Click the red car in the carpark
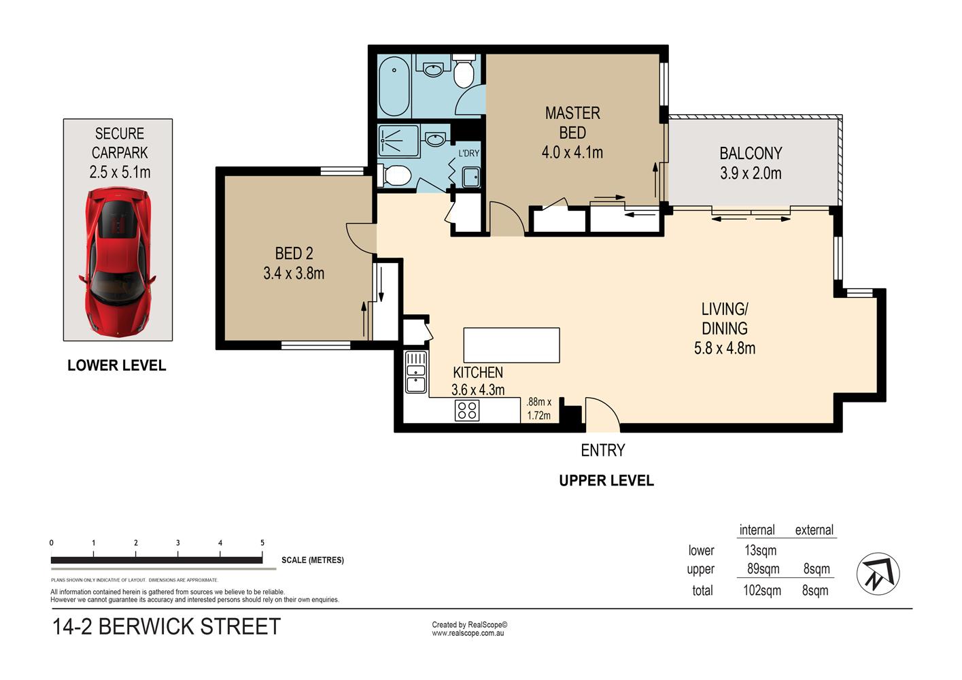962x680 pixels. click(117, 262)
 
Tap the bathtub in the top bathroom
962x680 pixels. click(394, 86)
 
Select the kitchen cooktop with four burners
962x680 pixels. click(467, 410)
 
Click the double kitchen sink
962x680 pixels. click(416, 372)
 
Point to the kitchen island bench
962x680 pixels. click(511, 345)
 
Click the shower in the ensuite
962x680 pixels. click(398, 141)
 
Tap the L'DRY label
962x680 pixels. click(468, 154)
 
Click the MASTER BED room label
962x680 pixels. click(572, 123)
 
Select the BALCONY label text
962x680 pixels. click(751, 154)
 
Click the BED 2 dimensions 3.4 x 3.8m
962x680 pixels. click(294, 273)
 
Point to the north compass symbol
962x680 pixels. click(878, 573)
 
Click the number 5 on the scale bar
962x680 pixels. click(262, 543)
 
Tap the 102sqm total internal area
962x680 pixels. click(762, 591)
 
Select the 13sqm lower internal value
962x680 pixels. click(760, 550)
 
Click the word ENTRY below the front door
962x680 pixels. click(602, 450)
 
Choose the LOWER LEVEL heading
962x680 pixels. click(116, 366)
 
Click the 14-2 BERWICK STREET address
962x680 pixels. click(166, 626)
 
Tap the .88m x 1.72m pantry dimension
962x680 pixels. click(539, 409)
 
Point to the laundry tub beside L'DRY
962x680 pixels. click(471, 177)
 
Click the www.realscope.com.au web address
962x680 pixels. click(468, 633)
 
